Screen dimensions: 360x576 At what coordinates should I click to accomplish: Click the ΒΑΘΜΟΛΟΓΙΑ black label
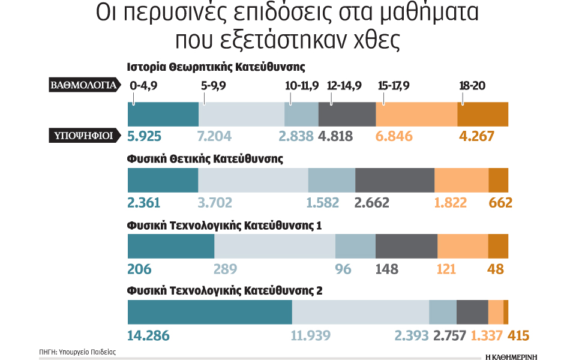83,85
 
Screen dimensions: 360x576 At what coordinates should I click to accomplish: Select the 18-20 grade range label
472,86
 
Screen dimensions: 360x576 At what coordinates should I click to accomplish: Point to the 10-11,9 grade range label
302,86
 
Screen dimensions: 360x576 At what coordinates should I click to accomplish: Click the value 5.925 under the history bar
144,136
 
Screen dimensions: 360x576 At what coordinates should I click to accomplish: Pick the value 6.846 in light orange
394,136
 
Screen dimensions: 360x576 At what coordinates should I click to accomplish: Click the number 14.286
149,335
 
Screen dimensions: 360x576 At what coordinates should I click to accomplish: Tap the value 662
500,202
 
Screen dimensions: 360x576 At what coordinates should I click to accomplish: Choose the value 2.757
449,335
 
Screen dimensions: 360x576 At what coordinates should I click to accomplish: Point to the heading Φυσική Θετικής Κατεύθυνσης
205,159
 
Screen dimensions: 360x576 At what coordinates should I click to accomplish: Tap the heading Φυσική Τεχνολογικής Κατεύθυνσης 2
225,291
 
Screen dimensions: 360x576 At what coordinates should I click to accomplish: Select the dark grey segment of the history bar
347,114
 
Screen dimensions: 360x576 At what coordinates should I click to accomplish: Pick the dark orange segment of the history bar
482,114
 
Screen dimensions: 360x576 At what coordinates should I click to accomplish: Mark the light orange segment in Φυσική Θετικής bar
461,180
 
